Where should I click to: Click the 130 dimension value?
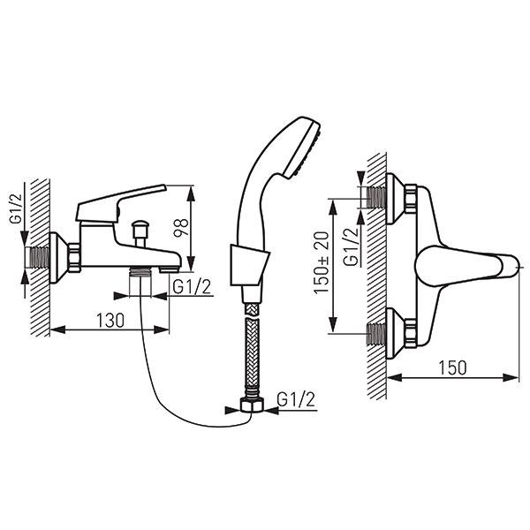(110, 321)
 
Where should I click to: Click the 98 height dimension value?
(180, 228)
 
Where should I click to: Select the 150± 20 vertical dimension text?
(322, 262)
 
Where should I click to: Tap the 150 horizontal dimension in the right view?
(452, 367)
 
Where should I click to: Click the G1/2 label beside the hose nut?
(296, 399)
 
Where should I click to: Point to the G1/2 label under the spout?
(192, 287)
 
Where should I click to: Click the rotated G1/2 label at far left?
(16, 208)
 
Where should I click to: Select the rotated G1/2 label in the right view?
(351, 247)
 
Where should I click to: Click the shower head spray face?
(302, 149)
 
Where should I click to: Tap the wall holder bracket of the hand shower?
(249, 265)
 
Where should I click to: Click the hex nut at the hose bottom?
(252, 405)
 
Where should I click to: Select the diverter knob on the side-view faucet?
(140, 233)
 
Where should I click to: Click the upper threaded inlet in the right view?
(376, 198)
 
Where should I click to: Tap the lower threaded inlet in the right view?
(376, 334)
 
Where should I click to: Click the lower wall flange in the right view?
(395, 333)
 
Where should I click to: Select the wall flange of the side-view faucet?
(58, 258)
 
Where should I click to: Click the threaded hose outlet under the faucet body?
(140, 272)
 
